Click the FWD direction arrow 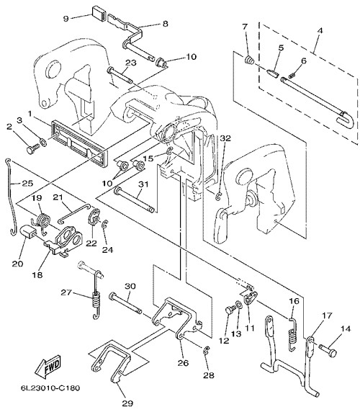pos(48,364)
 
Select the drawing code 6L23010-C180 pos(50,388)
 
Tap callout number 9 pos(66,19)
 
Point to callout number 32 pos(225,138)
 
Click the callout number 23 pos(131,63)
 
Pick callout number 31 pos(143,184)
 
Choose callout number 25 pos(27,183)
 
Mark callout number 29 pos(127,403)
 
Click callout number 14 pos(346,328)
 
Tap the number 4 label pos(320,30)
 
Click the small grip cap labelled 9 pos(99,13)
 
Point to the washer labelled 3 pos(42,143)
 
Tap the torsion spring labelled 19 pos(43,221)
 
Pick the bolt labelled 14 pos(328,350)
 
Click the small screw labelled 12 pos(230,310)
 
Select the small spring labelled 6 pos(291,76)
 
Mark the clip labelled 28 pos(207,350)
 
